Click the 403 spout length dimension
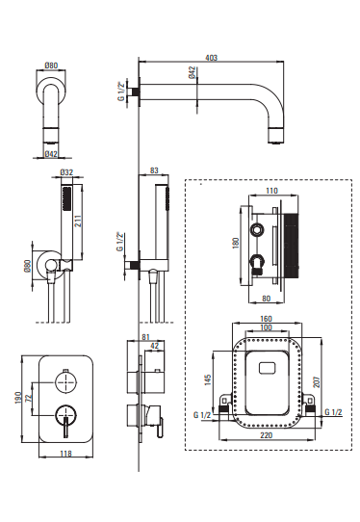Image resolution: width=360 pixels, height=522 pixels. coord(211,58)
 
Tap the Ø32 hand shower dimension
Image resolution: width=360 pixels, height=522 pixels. coord(66,172)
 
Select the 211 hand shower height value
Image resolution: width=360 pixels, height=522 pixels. coord(78,221)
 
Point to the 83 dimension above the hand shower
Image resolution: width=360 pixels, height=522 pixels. coord(154,170)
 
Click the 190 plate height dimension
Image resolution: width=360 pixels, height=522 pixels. coord(18,398)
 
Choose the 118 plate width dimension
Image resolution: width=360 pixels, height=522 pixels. coord(65,453)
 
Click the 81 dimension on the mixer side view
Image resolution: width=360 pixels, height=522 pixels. coord(145,337)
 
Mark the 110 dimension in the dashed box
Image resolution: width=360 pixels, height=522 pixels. coord(271,191)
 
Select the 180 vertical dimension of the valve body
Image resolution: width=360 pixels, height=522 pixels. coord(236,243)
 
